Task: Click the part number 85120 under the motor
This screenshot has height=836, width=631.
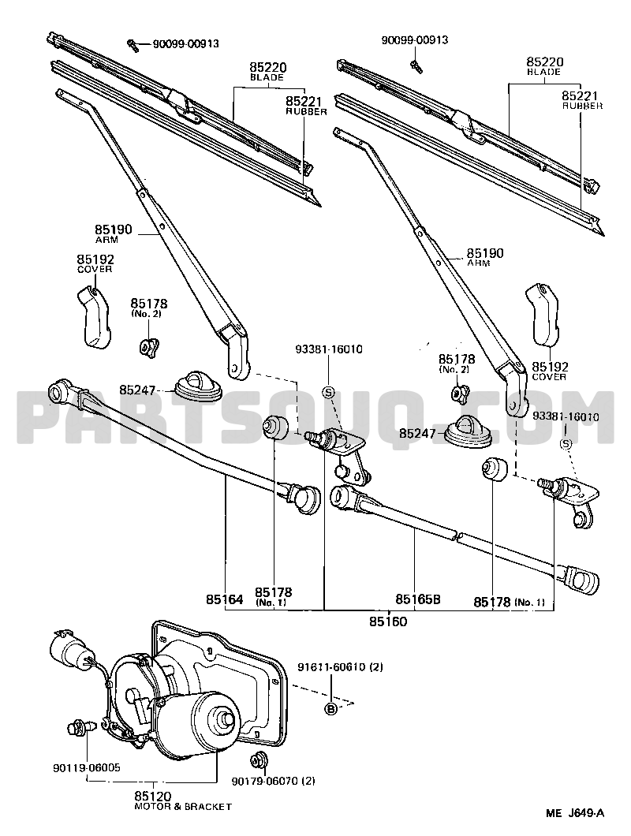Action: [152, 796]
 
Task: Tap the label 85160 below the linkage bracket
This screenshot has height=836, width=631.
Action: [388, 621]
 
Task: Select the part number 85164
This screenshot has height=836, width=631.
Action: [224, 600]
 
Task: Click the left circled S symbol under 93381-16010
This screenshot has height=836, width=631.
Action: [329, 392]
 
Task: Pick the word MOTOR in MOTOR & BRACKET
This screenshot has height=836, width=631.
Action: [151, 807]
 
